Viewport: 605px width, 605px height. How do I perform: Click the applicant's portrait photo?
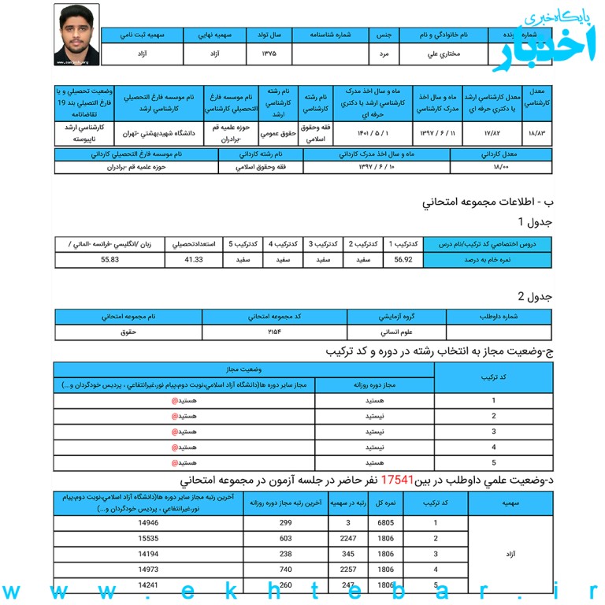[76, 34]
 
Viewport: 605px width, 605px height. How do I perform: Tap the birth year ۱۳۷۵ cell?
[269, 54]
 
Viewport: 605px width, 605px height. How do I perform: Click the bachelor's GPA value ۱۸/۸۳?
[539, 132]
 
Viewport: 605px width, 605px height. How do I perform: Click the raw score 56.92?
[403, 259]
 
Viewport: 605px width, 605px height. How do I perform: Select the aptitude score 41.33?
[194, 259]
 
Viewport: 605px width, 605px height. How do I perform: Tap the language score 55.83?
[109, 259]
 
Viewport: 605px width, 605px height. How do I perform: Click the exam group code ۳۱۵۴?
[275, 332]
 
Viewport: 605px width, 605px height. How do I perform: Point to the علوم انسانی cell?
[396, 332]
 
